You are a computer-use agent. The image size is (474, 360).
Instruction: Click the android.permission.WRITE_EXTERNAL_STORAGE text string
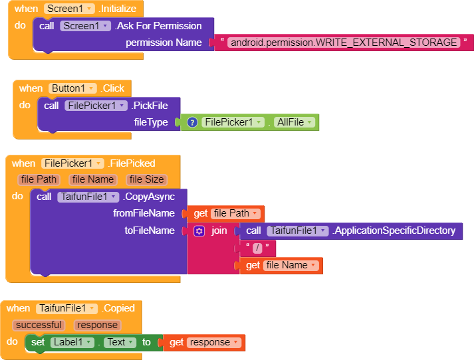344,43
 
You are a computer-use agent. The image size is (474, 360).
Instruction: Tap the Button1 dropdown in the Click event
72,88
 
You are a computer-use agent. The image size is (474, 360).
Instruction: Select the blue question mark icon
192,122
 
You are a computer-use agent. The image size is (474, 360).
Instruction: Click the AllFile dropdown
295,122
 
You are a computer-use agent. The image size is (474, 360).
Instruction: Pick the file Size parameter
147,179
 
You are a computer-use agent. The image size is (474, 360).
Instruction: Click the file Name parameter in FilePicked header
93,179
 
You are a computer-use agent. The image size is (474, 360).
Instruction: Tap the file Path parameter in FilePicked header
39,179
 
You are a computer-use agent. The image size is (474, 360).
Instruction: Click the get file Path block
225,213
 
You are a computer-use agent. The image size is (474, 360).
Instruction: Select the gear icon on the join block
199,231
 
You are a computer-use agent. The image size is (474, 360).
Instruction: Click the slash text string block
257,248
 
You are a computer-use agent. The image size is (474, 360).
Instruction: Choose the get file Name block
281,266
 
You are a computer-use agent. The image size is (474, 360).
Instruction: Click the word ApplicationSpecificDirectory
394,230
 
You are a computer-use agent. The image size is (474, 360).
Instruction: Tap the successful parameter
39,325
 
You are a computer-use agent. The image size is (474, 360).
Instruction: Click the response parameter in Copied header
97,325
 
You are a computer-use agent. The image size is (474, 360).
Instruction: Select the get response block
204,343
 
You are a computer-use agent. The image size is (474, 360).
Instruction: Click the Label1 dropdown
72,342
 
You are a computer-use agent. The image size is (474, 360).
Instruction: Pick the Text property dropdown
120,342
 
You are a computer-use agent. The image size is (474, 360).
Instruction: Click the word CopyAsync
149,197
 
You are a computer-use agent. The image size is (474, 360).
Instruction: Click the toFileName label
150,230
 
